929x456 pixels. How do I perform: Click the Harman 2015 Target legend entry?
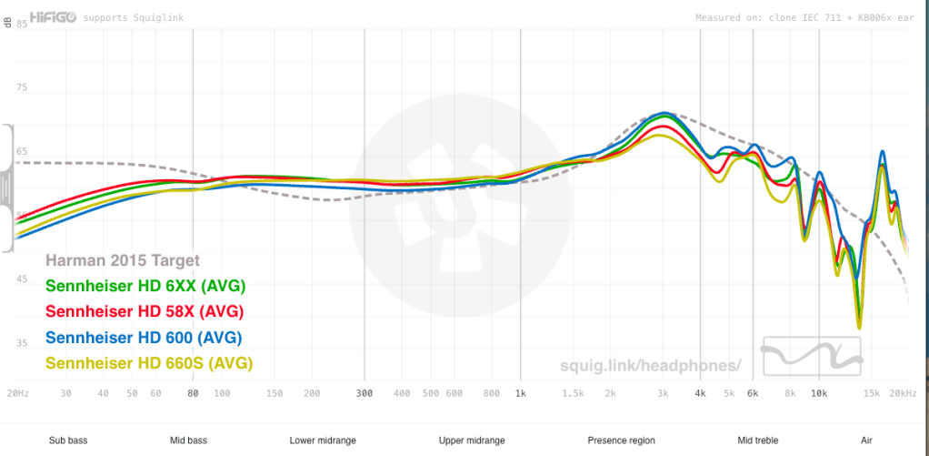point(122,260)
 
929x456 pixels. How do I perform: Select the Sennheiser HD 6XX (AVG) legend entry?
point(145,286)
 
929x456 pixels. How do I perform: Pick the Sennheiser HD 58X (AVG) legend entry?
point(145,311)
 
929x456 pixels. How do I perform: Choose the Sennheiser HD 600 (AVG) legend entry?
point(143,338)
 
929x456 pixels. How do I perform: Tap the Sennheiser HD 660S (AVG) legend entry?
point(148,363)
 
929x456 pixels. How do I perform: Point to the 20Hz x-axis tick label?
point(16,393)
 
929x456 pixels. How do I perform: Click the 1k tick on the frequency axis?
point(520,393)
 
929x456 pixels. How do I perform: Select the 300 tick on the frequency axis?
point(365,393)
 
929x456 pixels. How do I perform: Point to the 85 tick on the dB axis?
point(22,25)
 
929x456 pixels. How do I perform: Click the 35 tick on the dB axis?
point(22,342)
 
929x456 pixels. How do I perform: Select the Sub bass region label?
point(68,441)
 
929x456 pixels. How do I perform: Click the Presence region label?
point(621,441)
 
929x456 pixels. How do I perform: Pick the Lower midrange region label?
point(323,441)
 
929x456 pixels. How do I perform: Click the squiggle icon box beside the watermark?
point(812,356)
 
